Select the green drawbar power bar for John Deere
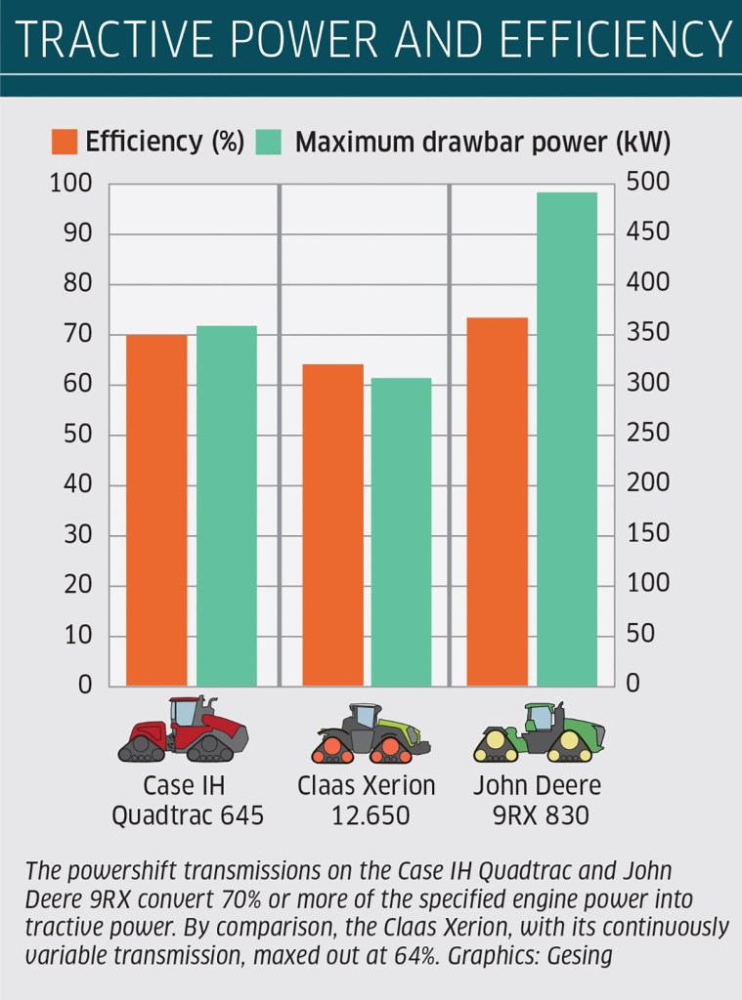tap(567, 439)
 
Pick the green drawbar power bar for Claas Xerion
tap(401, 531)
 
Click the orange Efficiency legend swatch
tap(64, 143)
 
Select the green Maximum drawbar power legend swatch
tap(268, 143)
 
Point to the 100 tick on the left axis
tap(70, 184)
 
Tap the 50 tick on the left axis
tap(76, 435)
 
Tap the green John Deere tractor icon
tap(539, 732)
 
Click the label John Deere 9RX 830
tap(537, 800)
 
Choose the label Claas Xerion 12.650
tap(366, 800)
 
